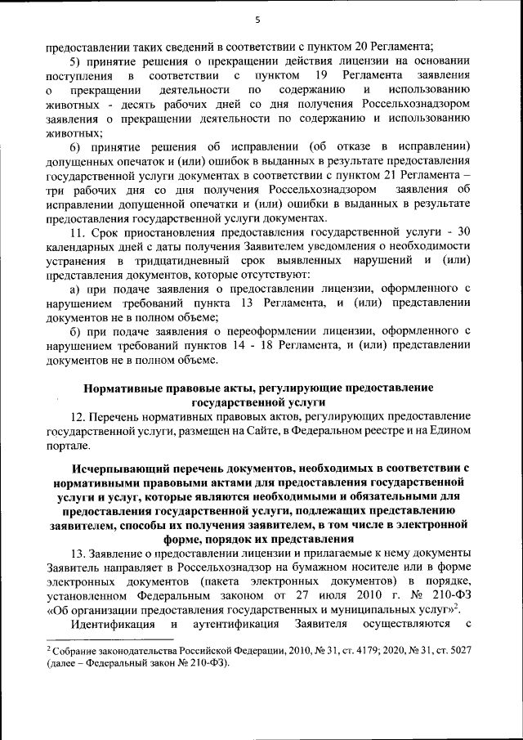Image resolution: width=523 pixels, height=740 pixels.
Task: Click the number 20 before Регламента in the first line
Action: [x=342, y=46]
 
